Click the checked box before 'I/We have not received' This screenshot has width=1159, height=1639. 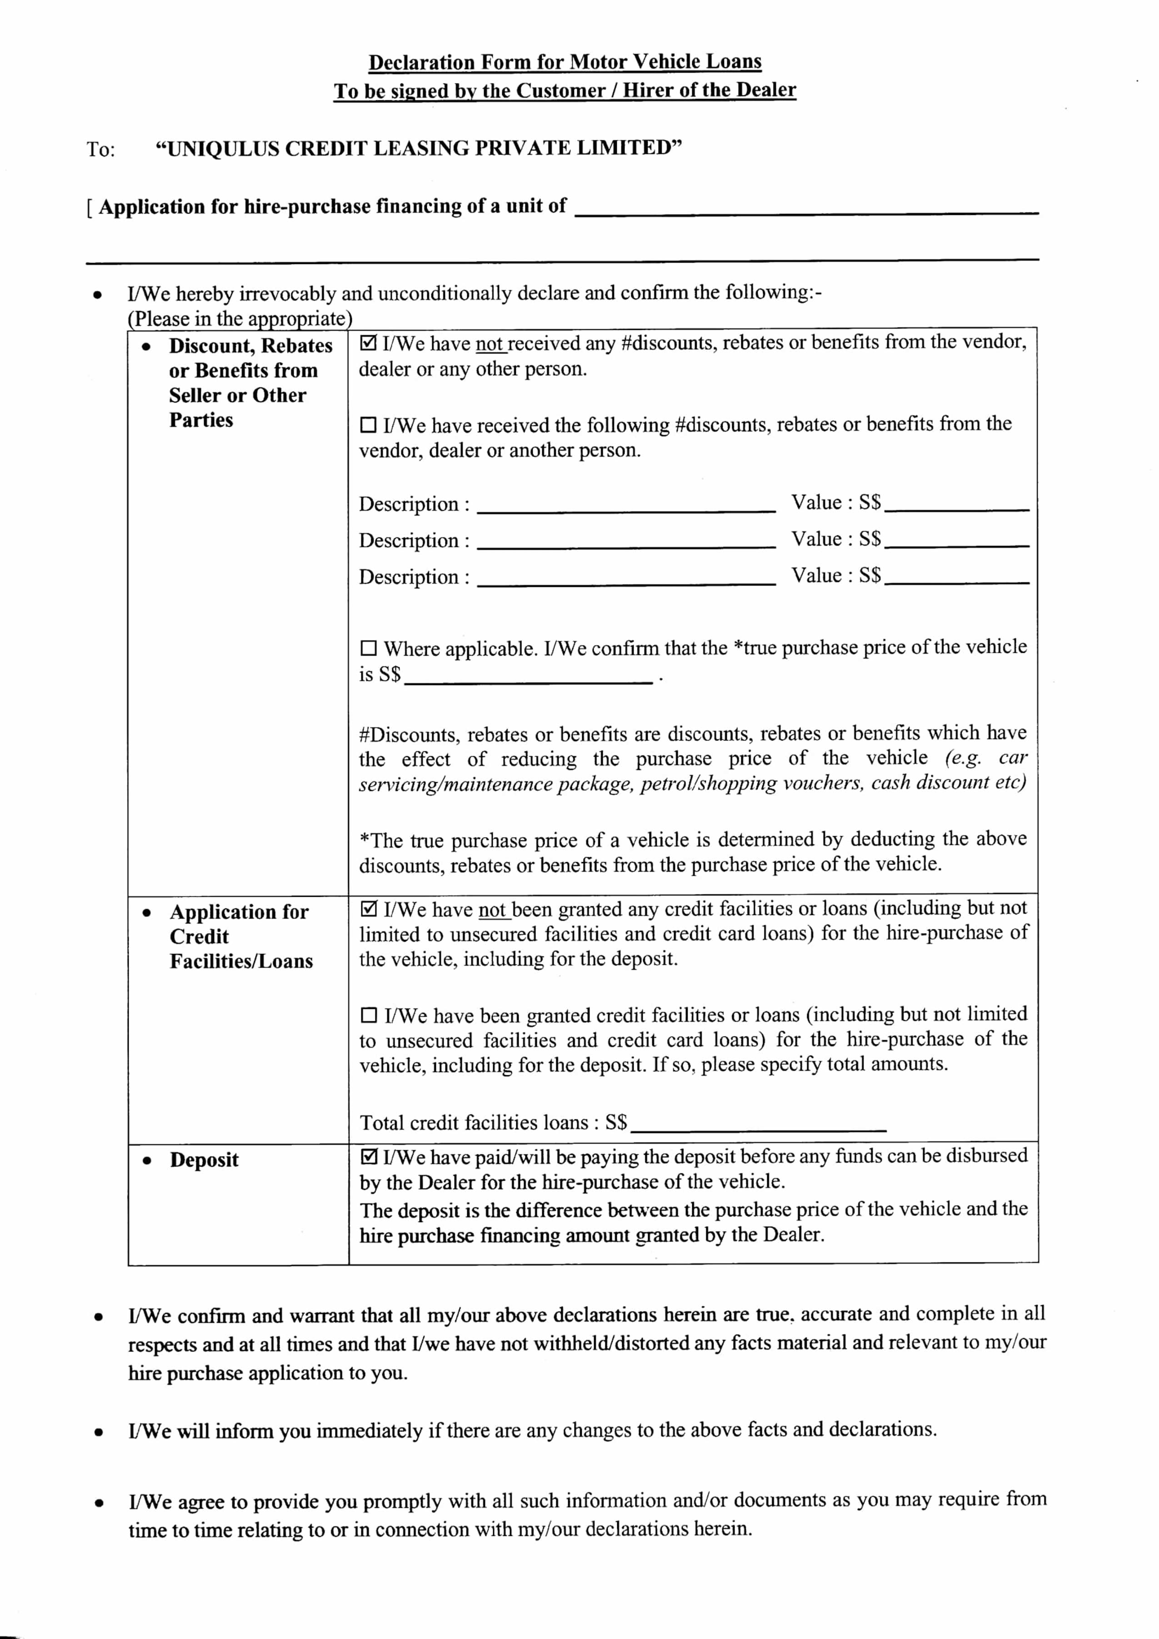[369, 343]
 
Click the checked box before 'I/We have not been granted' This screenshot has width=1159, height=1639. [369, 909]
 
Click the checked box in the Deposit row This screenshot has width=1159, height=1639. [369, 1156]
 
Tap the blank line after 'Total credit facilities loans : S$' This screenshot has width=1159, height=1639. [759, 1128]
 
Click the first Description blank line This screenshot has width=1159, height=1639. [625, 509]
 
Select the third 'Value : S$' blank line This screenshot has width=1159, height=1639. [957, 581]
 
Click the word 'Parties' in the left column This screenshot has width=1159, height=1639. [200, 421]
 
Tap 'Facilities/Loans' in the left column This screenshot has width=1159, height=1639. [241, 962]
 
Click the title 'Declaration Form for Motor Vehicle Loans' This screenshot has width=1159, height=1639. [565, 62]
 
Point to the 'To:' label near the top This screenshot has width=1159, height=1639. [101, 150]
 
